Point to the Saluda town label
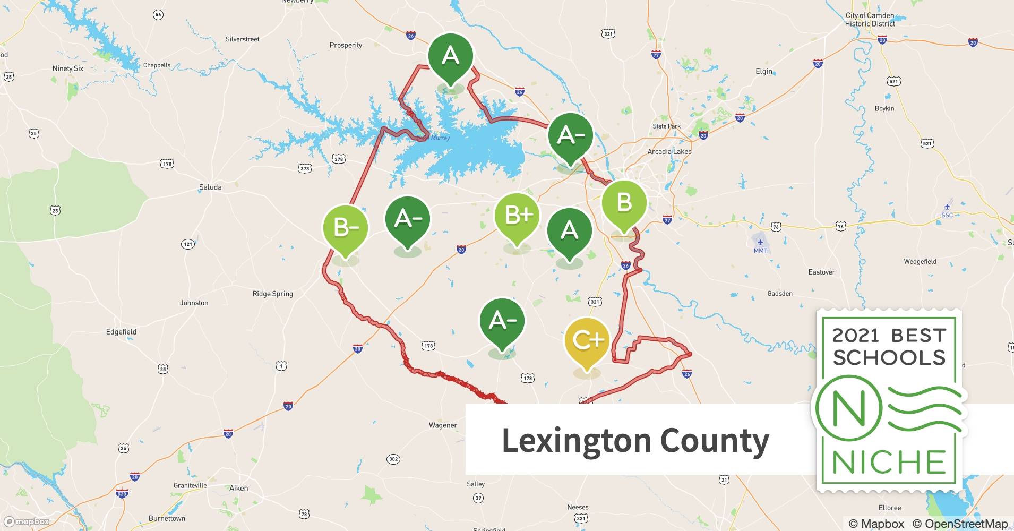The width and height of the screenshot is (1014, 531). pyautogui.click(x=210, y=187)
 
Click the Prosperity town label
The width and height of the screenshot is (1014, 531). pyautogui.click(x=346, y=45)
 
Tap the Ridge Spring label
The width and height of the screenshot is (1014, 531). pyautogui.click(x=272, y=294)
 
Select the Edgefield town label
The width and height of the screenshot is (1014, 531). pyautogui.click(x=121, y=332)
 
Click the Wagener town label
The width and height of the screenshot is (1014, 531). pyautogui.click(x=443, y=425)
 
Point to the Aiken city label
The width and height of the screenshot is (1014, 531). pyautogui.click(x=238, y=488)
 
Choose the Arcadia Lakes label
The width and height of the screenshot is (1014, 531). pyautogui.click(x=669, y=151)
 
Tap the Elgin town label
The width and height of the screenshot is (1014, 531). pyautogui.click(x=764, y=71)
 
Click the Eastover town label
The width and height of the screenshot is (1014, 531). pyautogui.click(x=821, y=272)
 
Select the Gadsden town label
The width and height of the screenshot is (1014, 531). pyautogui.click(x=779, y=294)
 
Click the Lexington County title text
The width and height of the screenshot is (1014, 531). pyautogui.click(x=635, y=441)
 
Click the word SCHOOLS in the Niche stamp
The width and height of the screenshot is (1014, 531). pyautogui.click(x=889, y=357)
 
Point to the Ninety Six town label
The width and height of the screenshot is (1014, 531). pyautogui.click(x=67, y=68)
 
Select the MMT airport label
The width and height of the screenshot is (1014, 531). pyautogui.click(x=760, y=251)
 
